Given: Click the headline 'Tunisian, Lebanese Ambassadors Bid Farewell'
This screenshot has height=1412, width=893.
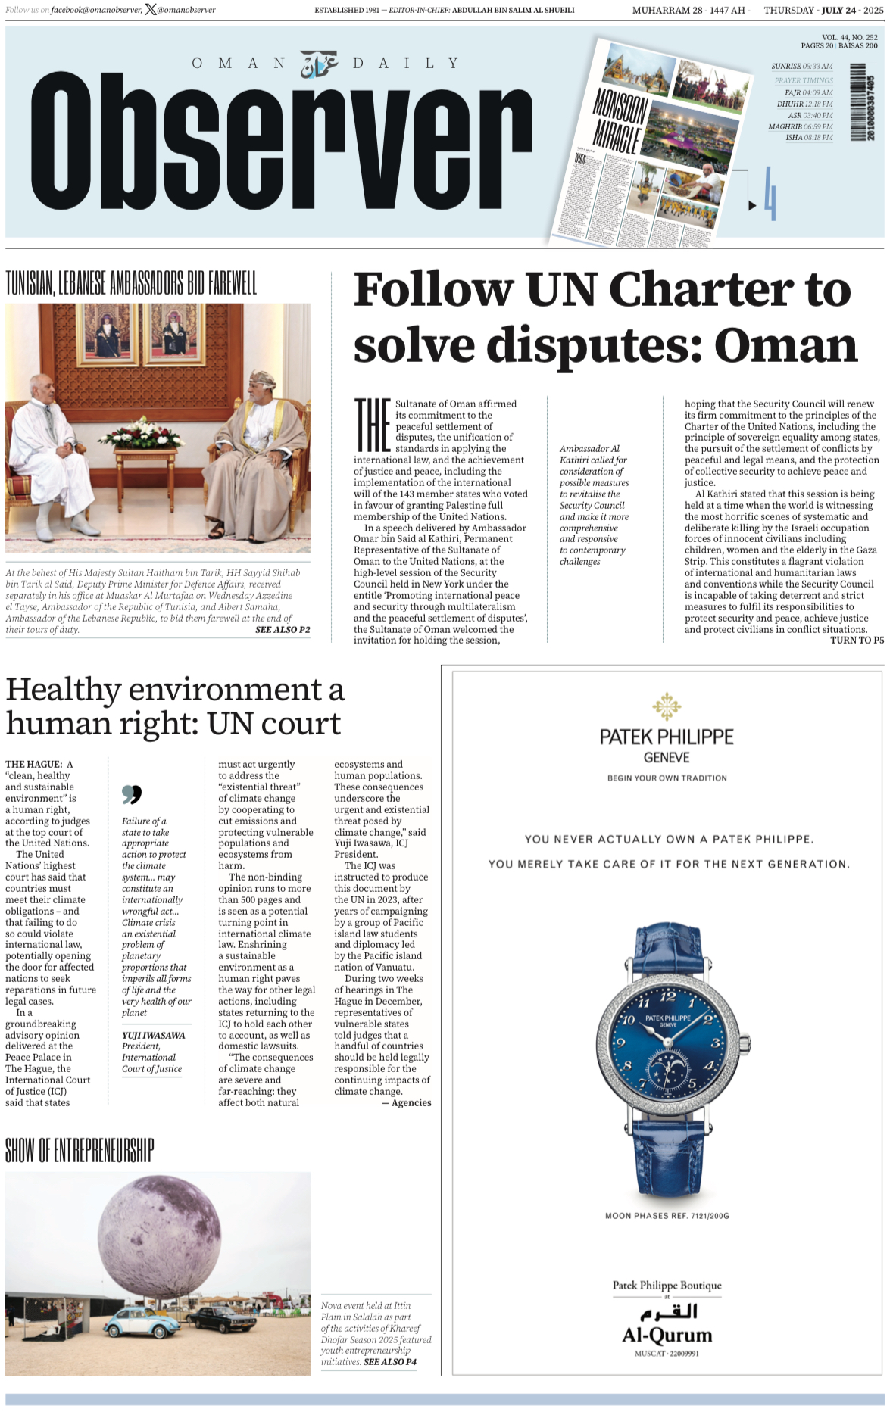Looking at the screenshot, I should pyautogui.click(x=131, y=284).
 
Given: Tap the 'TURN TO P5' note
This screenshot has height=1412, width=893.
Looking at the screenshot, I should pyautogui.click(x=857, y=641).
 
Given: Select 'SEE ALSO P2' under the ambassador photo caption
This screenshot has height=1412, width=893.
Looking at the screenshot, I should pyautogui.click(x=283, y=630).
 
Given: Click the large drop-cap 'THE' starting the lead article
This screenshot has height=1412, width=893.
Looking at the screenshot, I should pyautogui.click(x=373, y=425).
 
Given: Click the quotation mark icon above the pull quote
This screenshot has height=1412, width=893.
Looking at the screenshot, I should pyautogui.click(x=132, y=794).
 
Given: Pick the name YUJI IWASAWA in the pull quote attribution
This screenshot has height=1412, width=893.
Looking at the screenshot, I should pyautogui.click(x=153, y=1035).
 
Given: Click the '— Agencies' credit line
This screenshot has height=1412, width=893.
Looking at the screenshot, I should pyautogui.click(x=407, y=1103).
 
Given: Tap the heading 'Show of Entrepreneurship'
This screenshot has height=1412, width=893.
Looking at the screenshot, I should pyautogui.click(x=80, y=1151).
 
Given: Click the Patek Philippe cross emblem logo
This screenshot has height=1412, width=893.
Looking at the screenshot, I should pyautogui.click(x=667, y=706).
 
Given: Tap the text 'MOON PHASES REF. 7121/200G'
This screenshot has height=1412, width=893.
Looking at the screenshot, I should pyautogui.click(x=667, y=1216).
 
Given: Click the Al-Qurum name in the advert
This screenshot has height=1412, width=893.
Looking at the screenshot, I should pyautogui.click(x=667, y=1335).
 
